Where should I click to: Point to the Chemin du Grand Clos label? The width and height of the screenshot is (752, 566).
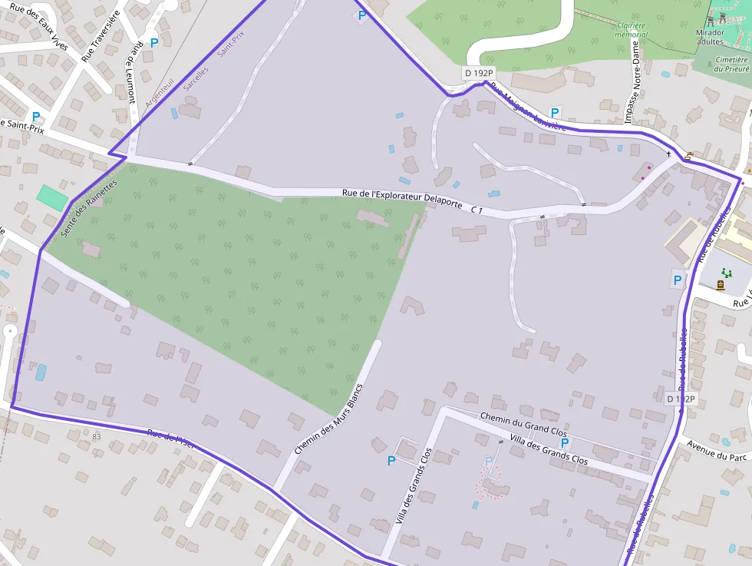pyautogui.click(x=523, y=423)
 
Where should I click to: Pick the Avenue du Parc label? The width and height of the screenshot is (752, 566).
pyautogui.click(x=717, y=451)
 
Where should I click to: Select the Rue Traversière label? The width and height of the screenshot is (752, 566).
pyautogui.click(x=101, y=35)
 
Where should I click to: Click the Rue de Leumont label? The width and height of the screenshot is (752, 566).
pyautogui.click(x=134, y=73)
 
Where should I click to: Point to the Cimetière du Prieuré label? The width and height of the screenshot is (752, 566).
pyautogui.click(x=731, y=64)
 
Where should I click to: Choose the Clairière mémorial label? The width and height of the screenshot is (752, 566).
pyautogui.click(x=632, y=30)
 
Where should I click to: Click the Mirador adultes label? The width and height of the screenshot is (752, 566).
pyautogui.click(x=711, y=37)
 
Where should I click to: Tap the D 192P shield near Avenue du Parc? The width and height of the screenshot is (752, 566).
pyautogui.click(x=680, y=399)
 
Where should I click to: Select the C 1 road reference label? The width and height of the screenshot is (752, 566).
pyautogui.click(x=477, y=210)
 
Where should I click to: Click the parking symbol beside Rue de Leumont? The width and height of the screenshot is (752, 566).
pyautogui.click(x=154, y=44)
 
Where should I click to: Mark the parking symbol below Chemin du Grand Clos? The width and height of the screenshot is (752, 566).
pyautogui.click(x=565, y=443)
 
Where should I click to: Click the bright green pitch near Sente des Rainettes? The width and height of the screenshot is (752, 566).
pyautogui.click(x=51, y=197)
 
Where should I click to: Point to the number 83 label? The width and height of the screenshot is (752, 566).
pyautogui.click(x=96, y=437)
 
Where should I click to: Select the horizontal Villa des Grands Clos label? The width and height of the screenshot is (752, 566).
pyautogui.click(x=549, y=450)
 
